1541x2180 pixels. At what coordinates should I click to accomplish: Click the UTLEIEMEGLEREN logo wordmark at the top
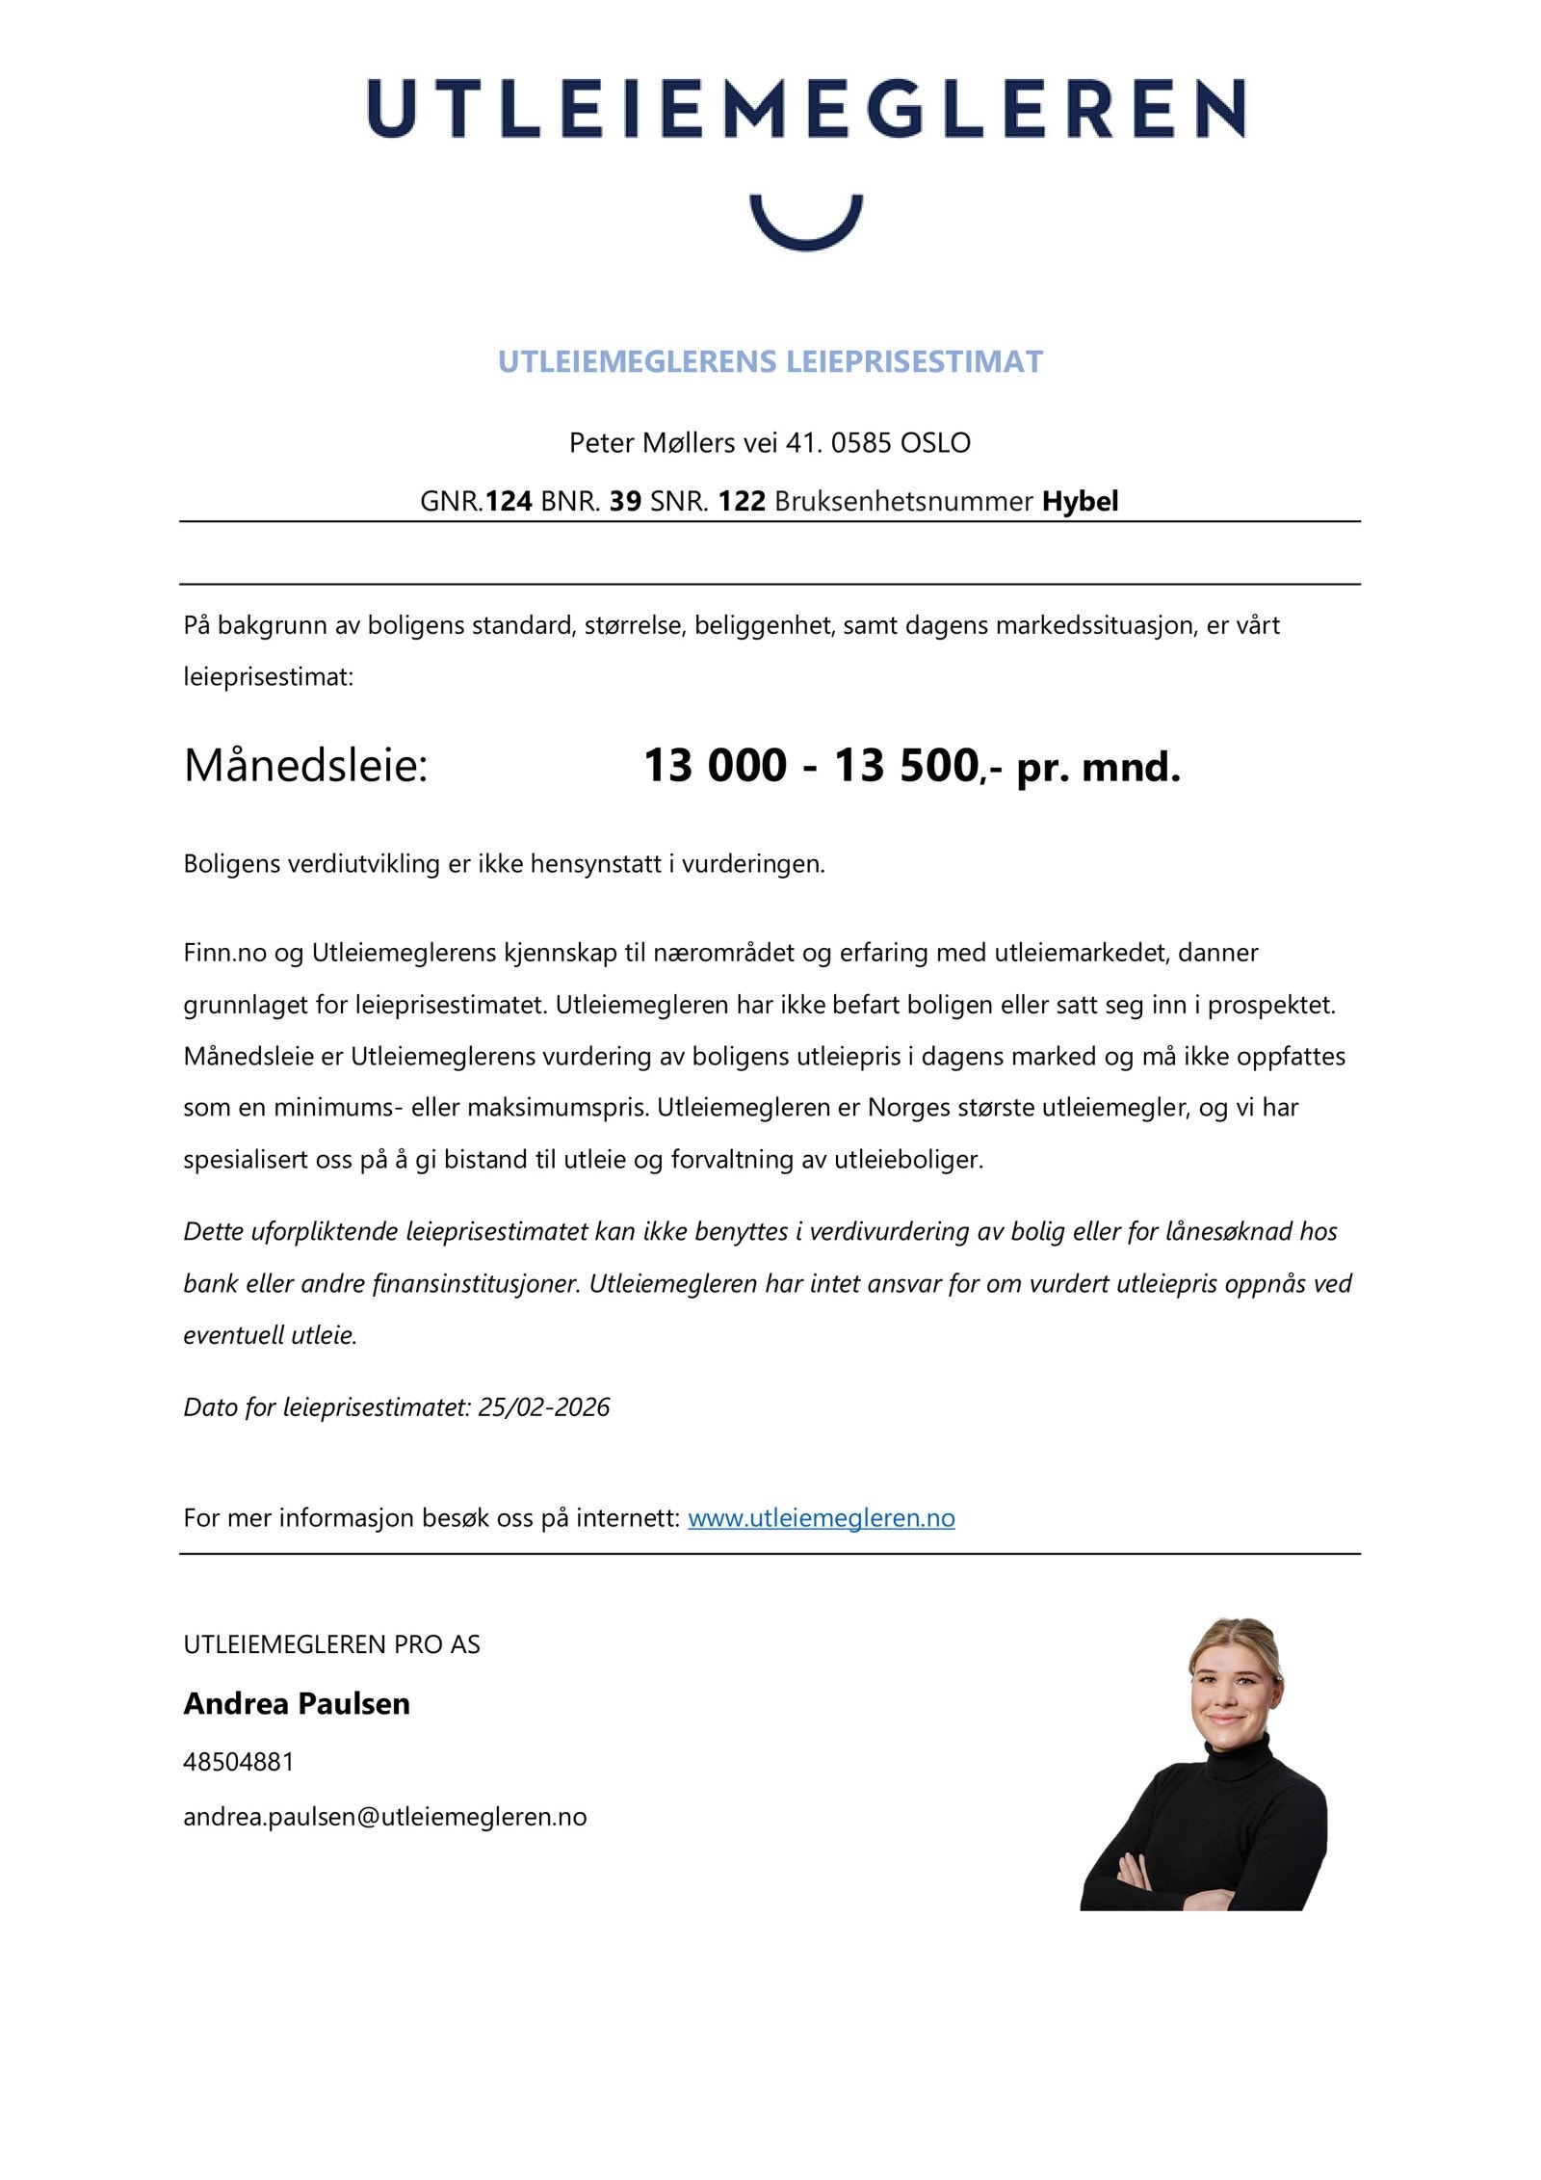click(805, 109)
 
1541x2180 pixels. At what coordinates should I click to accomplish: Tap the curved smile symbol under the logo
click(805, 229)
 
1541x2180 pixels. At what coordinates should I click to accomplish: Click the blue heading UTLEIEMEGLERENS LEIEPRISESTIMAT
click(770, 361)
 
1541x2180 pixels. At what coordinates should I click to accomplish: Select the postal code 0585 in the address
click(861, 443)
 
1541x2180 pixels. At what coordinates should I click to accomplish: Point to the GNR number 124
click(508, 501)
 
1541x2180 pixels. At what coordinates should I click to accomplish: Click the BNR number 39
click(625, 501)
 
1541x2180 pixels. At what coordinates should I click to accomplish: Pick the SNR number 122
click(741, 501)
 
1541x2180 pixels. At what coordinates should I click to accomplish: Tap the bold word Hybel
click(1080, 501)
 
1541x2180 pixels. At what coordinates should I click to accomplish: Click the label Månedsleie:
click(305, 767)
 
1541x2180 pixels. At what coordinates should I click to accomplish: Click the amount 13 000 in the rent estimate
click(715, 766)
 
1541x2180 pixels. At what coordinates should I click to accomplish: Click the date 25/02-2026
click(543, 1407)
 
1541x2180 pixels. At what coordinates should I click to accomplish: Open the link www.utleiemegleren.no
click(821, 1518)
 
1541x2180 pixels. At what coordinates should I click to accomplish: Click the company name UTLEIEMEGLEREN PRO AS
click(331, 1644)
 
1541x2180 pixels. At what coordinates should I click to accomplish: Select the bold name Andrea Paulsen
click(297, 1703)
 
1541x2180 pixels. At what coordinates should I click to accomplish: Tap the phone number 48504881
click(238, 1762)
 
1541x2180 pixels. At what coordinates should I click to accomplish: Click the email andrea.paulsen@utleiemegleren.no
click(384, 1817)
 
